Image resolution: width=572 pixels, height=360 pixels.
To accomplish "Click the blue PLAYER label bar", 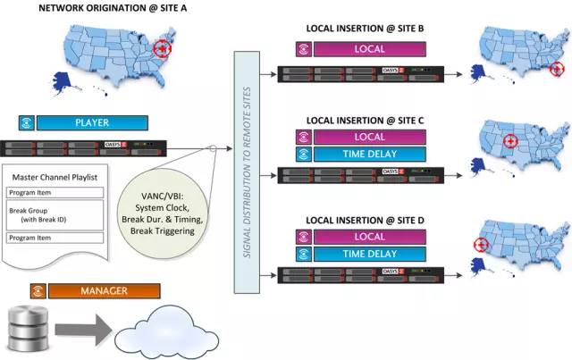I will click(92, 122).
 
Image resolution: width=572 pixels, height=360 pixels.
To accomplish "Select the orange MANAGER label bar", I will click(105, 290).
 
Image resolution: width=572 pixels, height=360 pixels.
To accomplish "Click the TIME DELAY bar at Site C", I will click(370, 155).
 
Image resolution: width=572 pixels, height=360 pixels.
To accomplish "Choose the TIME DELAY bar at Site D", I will click(370, 255).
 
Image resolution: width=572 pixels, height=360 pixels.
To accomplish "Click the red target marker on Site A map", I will click(163, 48).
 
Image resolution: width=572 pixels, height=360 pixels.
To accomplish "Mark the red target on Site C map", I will click(510, 140).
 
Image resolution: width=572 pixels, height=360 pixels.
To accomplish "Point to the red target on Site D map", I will click(482, 244).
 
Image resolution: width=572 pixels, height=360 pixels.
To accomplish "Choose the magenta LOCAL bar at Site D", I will click(370, 237).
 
